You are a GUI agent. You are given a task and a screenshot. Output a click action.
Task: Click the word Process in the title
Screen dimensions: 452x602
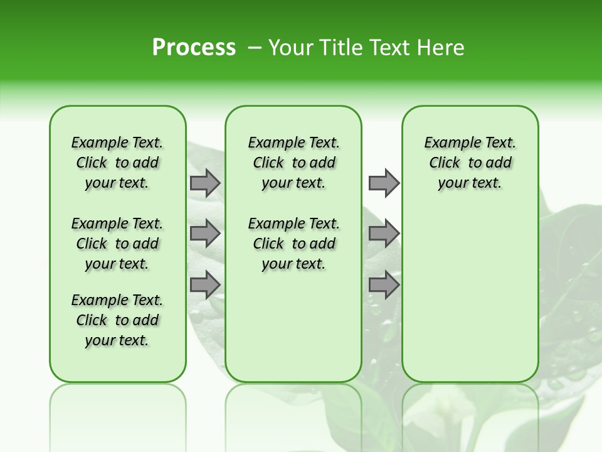(x=194, y=48)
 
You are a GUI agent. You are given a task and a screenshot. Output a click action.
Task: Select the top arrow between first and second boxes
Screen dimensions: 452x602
(x=205, y=183)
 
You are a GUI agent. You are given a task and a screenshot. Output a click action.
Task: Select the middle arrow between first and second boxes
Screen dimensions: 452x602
(x=205, y=234)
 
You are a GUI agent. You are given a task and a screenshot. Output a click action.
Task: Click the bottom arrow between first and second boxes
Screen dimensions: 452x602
(x=205, y=284)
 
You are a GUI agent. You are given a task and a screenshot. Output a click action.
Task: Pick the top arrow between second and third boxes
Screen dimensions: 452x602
(x=384, y=183)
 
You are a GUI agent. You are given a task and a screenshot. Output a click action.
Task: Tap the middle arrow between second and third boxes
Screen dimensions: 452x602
(x=384, y=234)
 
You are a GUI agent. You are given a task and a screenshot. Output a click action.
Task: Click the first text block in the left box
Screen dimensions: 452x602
(x=117, y=163)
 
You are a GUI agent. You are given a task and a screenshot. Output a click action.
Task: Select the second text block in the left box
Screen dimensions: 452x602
(x=117, y=244)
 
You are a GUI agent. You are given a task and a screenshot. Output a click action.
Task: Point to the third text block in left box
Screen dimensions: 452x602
(x=117, y=320)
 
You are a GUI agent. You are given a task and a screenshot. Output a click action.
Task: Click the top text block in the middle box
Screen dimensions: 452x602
(x=293, y=163)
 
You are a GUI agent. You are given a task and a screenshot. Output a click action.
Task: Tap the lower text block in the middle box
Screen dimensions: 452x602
(x=293, y=244)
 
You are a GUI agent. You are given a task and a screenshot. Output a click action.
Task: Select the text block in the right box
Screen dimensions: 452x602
(x=470, y=163)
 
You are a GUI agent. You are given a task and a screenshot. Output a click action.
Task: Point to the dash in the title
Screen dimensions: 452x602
(x=255, y=48)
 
